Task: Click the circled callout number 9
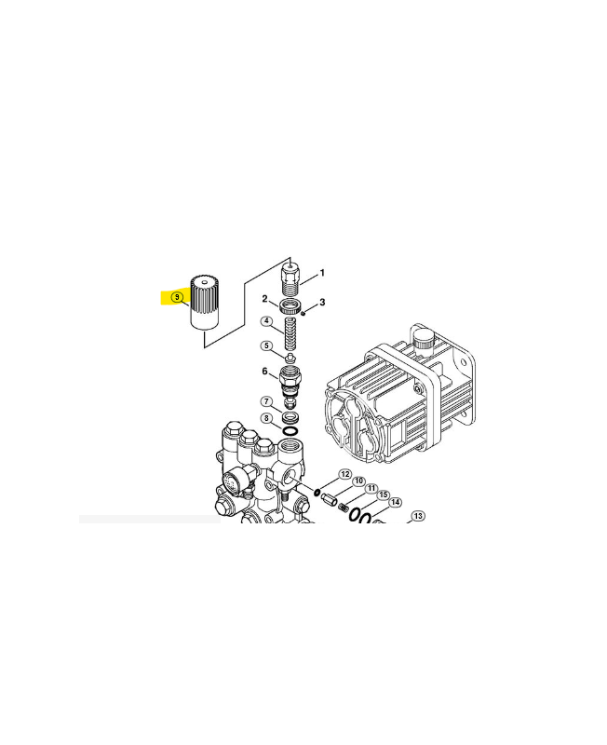pyautogui.click(x=177, y=297)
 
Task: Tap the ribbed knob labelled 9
pyautogui.click(x=204, y=302)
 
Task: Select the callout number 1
pyautogui.click(x=322, y=273)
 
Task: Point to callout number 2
pyautogui.click(x=265, y=299)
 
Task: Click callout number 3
pyautogui.click(x=322, y=302)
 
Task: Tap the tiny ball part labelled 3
pyautogui.click(x=303, y=313)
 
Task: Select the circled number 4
pyautogui.click(x=267, y=321)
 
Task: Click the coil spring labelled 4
pyautogui.click(x=290, y=334)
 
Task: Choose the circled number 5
pyautogui.click(x=266, y=345)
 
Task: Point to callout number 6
pyautogui.click(x=265, y=371)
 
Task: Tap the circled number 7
pyautogui.click(x=266, y=402)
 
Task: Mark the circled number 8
pyautogui.click(x=266, y=418)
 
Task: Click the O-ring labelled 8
pyautogui.click(x=290, y=431)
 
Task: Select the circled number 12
pyautogui.click(x=344, y=474)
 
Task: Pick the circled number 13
pyautogui.click(x=417, y=516)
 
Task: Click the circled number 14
pyautogui.click(x=395, y=503)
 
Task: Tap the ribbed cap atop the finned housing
pyautogui.click(x=424, y=340)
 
